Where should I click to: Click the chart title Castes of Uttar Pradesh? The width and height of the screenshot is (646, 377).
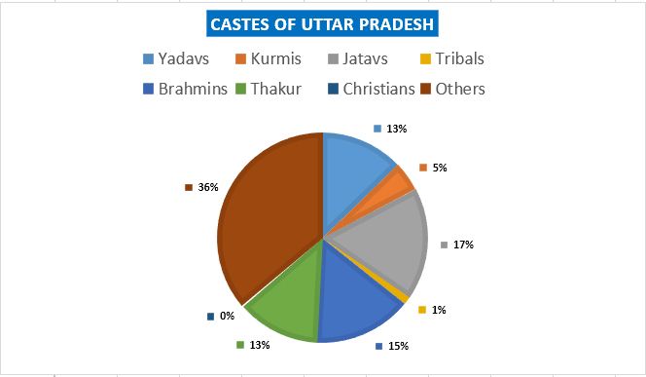(x=323, y=23)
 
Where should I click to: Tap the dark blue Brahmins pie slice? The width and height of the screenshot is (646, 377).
(x=355, y=302)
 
